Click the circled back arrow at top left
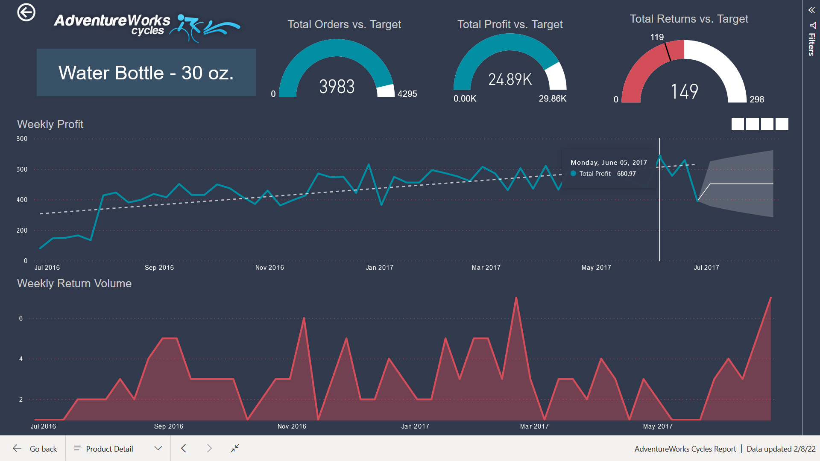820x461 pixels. [26, 12]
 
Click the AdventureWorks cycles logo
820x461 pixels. [146, 26]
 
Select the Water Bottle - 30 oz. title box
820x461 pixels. [146, 73]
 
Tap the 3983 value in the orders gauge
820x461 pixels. [337, 87]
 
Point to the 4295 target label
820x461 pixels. [407, 94]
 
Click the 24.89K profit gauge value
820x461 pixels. [510, 79]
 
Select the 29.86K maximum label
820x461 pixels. [552, 99]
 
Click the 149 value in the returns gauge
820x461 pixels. [684, 91]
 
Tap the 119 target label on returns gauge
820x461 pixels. [657, 37]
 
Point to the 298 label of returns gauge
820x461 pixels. [756, 99]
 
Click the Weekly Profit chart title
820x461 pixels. [50, 124]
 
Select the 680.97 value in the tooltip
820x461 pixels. [626, 174]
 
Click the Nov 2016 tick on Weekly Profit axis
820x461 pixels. [269, 268]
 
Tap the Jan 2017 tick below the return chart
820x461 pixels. [415, 426]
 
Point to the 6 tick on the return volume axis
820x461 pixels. [21, 318]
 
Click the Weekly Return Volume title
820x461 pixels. [74, 283]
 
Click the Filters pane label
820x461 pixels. [811, 44]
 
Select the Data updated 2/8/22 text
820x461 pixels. [781, 449]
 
